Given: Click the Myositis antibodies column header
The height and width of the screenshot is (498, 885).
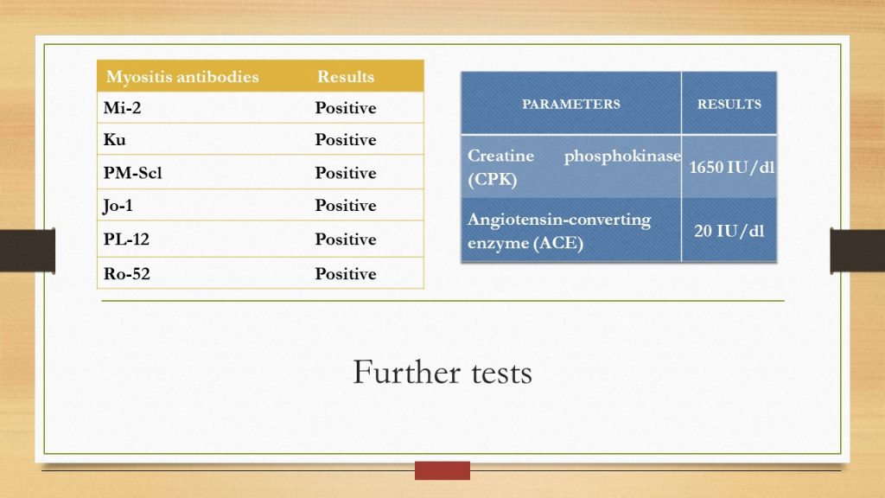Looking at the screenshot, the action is pyautogui.click(x=182, y=77).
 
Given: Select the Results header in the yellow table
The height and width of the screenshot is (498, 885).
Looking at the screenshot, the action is pyautogui.click(x=346, y=77).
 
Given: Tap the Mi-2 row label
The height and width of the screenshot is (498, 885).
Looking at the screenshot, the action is pyautogui.click(x=122, y=108).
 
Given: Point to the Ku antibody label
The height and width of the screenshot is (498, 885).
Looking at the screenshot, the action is pyautogui.click(x=115, y=139).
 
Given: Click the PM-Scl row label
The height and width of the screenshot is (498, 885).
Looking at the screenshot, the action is pyautogui.click(x=132, y=173).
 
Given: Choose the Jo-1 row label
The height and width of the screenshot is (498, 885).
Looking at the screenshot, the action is pyautogui.click(x=118, y=206).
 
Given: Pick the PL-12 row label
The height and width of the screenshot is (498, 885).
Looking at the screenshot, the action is pyautogui.click(x=126, y=239).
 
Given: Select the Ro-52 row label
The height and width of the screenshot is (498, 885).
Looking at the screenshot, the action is pyautogui.click(x=127, y=274).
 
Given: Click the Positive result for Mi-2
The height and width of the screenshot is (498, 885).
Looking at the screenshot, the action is pyautogui.click(x=346, y=108).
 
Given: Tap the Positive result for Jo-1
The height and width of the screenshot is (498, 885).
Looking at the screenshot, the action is pyautogui.click(x=346, y=206).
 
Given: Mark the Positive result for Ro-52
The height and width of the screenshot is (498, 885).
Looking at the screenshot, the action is pyautogui.click(x=346, y=274).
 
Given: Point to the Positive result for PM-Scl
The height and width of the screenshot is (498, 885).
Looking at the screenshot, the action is pyautogui.click(x=346, y=173).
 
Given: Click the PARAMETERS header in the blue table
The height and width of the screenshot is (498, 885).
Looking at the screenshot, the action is pyautogui.click(x=570, y=104).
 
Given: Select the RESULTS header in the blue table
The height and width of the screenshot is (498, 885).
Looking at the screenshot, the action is pyautogui.click(x=729, y=104).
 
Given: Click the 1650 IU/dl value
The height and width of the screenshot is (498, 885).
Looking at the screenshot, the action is pyautogui.click(x=731, y=167).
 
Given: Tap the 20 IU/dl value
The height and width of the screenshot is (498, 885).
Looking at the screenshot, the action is pyautogui.click(x=729, y=231).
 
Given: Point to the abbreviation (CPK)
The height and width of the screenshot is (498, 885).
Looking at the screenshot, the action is pyautogui.click(x=492, y=180).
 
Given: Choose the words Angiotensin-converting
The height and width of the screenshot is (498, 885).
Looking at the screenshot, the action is pyautogui.click(x=559, y=220).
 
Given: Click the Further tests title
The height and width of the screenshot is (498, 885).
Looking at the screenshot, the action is pyautogui.click(x=442, y=373).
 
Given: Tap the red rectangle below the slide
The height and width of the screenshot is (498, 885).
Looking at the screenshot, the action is pyautogui.click(x=442, y=470).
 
